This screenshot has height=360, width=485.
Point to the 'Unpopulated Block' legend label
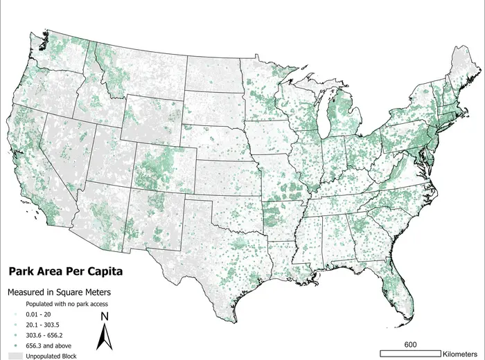coord(51,356)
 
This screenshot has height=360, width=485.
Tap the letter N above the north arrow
coord(103,317)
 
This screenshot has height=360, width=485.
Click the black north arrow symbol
coord(103,338)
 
